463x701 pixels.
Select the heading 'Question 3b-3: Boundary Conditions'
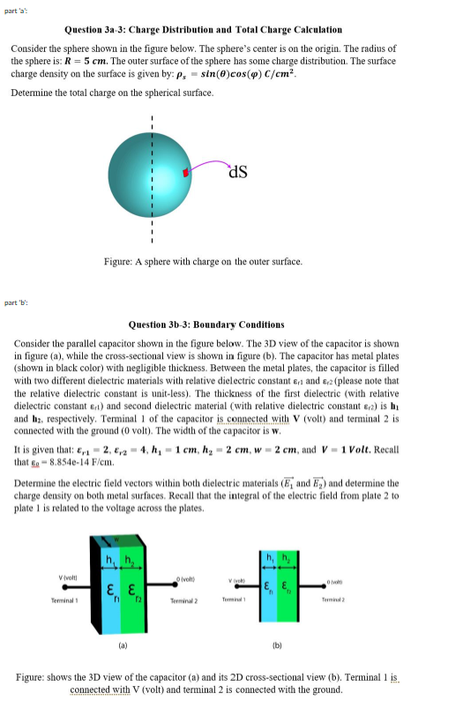(x=193, y=324)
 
